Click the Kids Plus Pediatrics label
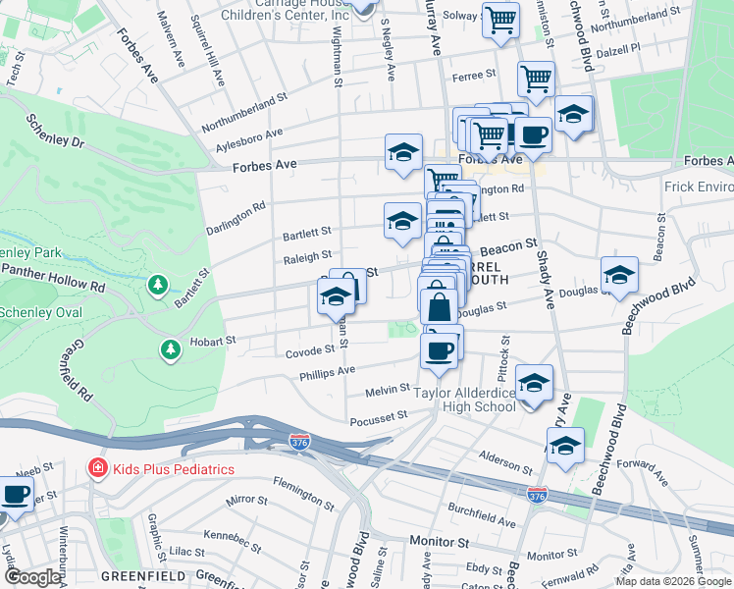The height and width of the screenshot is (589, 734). point(172,469)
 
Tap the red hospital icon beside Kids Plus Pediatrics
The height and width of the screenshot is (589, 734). point(97,468)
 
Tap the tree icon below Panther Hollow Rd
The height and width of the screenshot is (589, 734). point(157,285)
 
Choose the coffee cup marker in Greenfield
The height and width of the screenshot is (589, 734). point(16,494)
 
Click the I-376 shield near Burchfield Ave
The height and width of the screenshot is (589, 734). point(536,496)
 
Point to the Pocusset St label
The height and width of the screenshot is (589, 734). point(378,417)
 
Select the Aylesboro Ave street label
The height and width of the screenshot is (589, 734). point(249,139)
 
